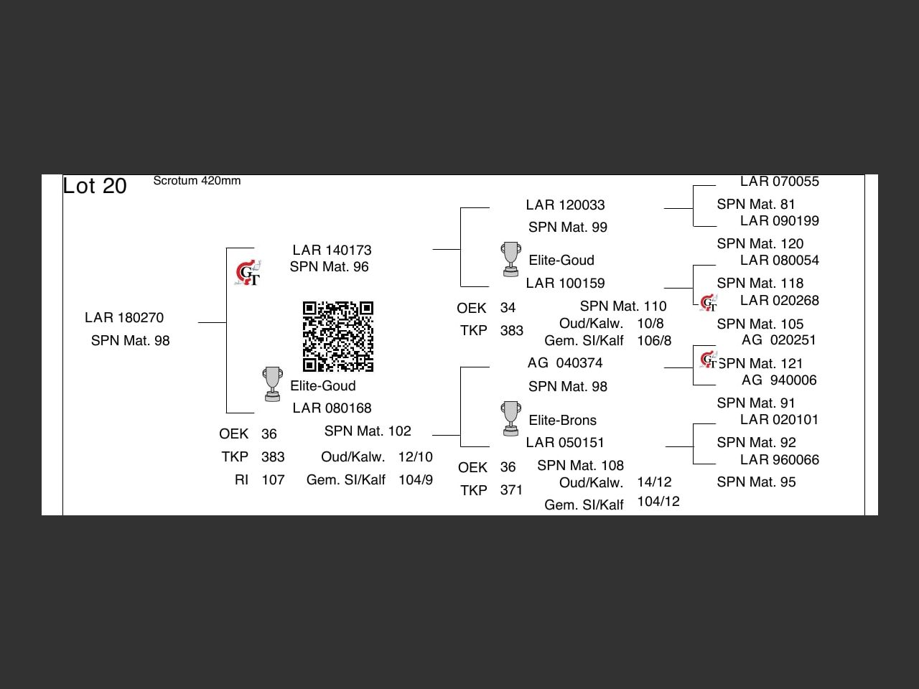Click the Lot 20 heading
(x=95, y=186)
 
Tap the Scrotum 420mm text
(x=197, y=181)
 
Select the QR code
(x=338, y=337)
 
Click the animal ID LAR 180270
(x=124, y=318)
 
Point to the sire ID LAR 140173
(x=332, y=250)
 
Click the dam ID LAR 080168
(x=332, y=408)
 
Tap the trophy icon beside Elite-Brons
(x=510, y=418)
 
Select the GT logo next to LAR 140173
(x=248, y=273)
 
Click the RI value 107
(x=273, y=480)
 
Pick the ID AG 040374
(x=565, y=363)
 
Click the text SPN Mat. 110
(x=623, y=306)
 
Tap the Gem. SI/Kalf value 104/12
(x=658, y=502)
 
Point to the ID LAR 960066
(x=779, y=460)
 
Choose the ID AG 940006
(x=779, y=380)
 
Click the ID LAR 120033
(x=565, y=205)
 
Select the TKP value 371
(x=511, y=490)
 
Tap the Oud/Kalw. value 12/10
(x=416, y=457)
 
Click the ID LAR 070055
(x=779, y=182)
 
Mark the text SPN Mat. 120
(x=760, y=244)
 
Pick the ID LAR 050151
(x=565, y=443)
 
